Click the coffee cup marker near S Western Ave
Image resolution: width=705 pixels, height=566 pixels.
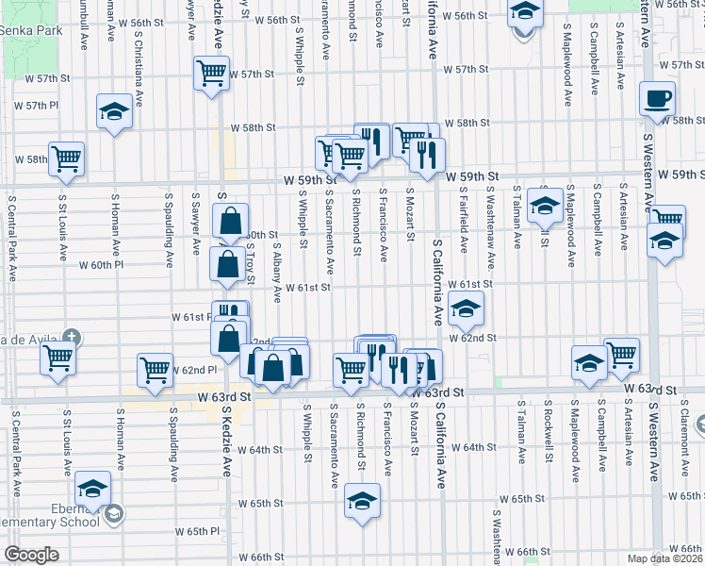point(658,98)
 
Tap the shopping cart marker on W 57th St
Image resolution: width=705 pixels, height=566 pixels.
point(212,72)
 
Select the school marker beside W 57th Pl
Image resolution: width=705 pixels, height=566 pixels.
point(114,111)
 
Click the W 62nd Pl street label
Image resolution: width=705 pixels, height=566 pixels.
point(195,371)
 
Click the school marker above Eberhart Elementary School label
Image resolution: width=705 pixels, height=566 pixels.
point(92,489)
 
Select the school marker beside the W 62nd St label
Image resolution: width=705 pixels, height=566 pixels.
point(466,308)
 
